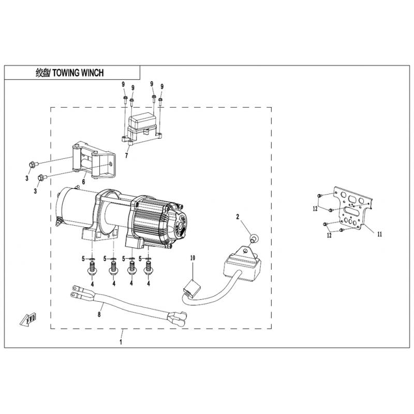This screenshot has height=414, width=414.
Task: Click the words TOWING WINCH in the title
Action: point(78,72)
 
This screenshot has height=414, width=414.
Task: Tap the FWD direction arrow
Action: point(28,319)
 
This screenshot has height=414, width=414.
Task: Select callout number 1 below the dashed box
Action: point(121,342)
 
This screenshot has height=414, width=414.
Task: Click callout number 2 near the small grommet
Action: point(238,217)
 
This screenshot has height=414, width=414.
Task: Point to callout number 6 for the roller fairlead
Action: point(84,182)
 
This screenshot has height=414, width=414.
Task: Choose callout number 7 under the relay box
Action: point(126,156)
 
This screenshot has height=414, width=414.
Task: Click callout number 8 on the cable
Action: point(99,314)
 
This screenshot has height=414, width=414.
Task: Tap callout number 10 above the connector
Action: point(193,258)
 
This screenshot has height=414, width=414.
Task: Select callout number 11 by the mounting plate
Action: point(380,234)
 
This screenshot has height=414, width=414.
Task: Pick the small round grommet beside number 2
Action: point(253,238)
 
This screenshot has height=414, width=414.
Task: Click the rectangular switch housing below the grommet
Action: point(242,266)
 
